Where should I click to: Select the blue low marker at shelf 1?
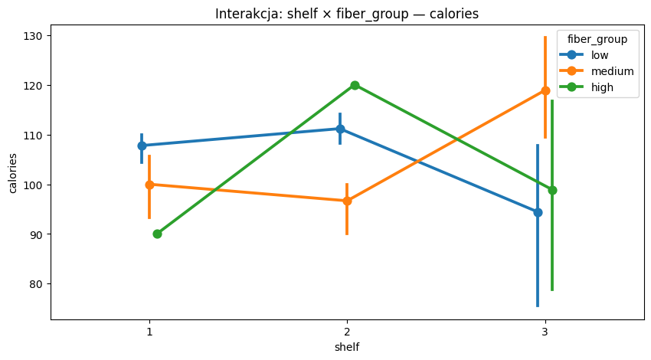click(142, 146)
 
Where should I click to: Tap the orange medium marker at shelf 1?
click(149, 185)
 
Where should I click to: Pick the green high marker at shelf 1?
click(157, 234)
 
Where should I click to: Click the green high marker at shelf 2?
click(355, 85)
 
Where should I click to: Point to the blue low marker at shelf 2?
click(340, 129)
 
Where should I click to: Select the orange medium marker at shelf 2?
click(347, 201)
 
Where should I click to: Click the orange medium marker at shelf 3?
click(545, 90)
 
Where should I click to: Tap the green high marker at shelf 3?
click(552, 190)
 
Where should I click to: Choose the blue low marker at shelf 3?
click(538, 212)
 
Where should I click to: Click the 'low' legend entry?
click(600, 54)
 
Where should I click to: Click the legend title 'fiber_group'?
click(592, 38)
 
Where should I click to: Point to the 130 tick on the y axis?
click(36, 36)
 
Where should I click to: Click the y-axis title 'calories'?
click(13, 177)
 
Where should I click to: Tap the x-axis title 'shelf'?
click(347, 347)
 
